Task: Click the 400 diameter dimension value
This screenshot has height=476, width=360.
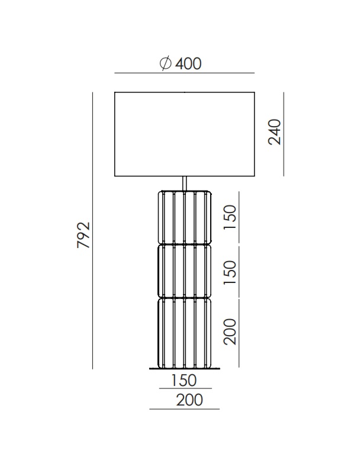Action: [x=188, y=63]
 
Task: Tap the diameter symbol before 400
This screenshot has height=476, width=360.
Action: [x=166, y=63]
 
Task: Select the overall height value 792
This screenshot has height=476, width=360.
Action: [x=83, y=235]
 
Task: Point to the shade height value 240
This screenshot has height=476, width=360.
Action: [x=275, y=132]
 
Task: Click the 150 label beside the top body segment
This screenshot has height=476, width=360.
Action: [x=230, y=217]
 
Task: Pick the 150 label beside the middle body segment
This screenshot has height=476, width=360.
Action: [x=230, y=272]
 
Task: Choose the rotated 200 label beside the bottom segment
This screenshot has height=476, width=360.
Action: [x=230, y=332]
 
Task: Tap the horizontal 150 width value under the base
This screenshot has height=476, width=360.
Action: [x=184, y=380]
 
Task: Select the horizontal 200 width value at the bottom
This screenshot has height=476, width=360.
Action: [x=189, y=400]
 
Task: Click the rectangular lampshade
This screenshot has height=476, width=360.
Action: [x=185, y=134]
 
